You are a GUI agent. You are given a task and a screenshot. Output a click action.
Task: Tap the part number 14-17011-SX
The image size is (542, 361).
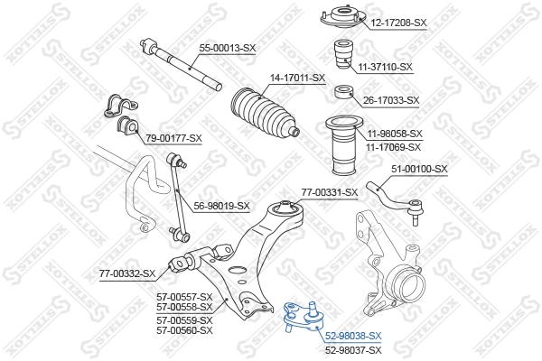click(292, 79)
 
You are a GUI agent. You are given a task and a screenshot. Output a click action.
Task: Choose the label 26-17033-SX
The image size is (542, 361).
click(389, 100)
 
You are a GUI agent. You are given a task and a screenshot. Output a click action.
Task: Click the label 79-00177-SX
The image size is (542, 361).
click(173, 137)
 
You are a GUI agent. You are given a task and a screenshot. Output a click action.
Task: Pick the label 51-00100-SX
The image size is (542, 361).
click(419, 169)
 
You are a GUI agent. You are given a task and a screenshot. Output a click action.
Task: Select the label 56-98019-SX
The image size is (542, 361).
click(221, 206)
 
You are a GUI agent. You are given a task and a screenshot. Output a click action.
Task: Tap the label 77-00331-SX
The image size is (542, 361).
click(330, 192)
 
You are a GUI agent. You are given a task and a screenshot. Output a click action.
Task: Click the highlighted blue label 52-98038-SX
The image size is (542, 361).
click(354, 335)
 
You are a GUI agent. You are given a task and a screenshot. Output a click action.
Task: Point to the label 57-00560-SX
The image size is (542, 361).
click(184, 330)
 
